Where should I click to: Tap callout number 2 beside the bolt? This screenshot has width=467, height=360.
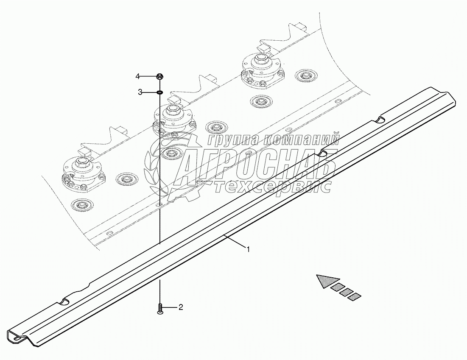point(180,307)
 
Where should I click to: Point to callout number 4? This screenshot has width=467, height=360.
point(138,76)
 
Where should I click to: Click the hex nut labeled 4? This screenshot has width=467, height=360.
point(160,77)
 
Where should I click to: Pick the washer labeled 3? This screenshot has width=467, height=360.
point(160,92)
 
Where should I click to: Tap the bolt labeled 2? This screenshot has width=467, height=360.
point(160,308)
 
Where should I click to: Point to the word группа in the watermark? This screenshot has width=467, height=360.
point(231,140)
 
